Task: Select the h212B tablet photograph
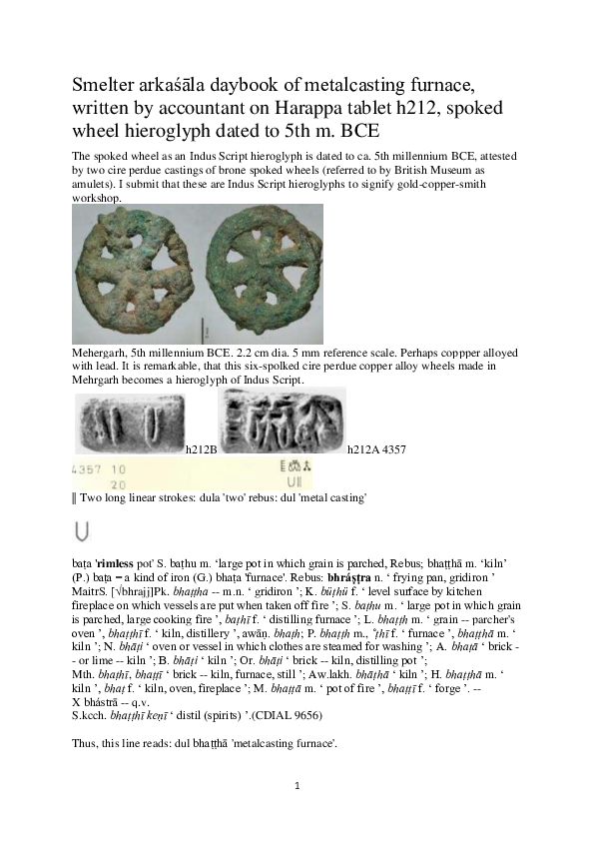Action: pos(130,423)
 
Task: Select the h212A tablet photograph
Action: pos(282,420)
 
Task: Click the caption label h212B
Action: pos(202,449)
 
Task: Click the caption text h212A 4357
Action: pos(375,449)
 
